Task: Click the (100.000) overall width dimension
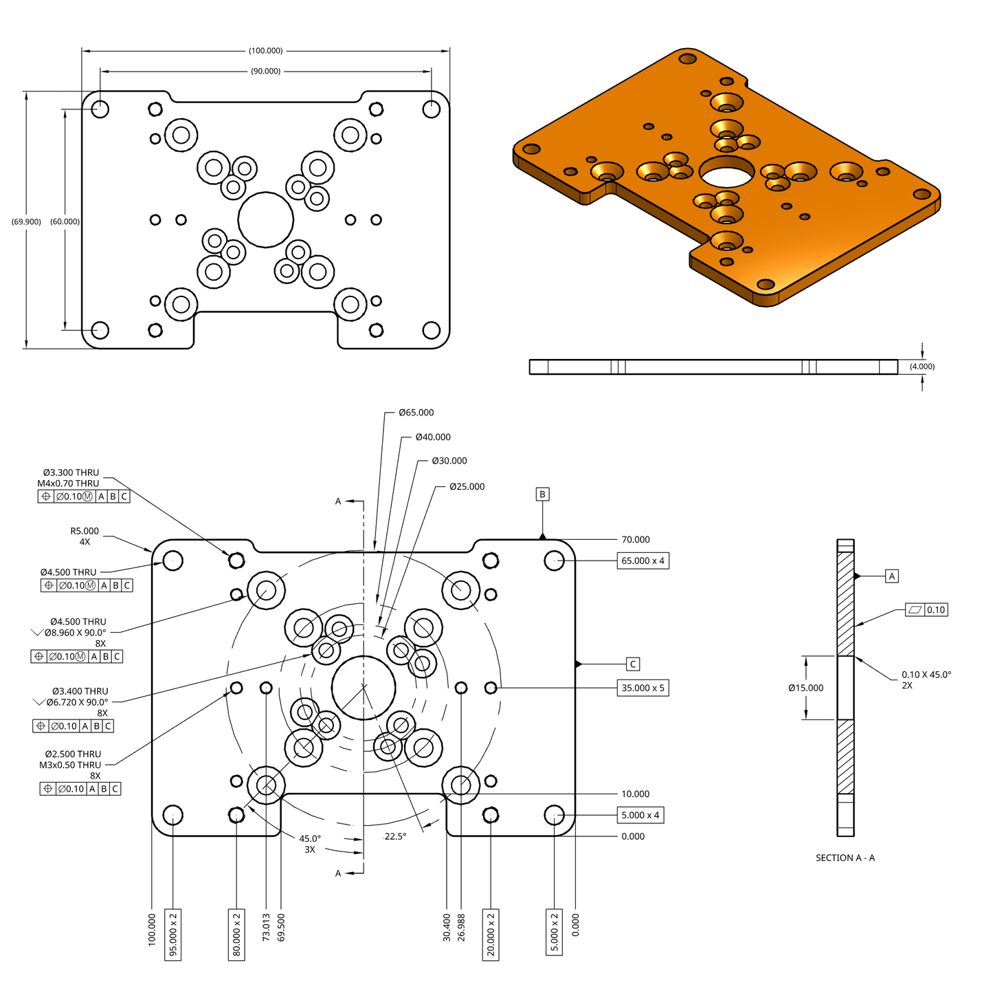click(x=265, y=51)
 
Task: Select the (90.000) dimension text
click(x=265, y=72)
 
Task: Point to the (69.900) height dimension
click(x=26, y=221)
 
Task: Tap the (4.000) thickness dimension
click(x=922, y=367)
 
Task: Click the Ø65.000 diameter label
click(x=416, y=413)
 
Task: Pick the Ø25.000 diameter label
click(x=467, y=487)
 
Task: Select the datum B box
click(x=542, y=494)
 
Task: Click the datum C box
click(x=633, y=664)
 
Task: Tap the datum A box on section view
click(x=892, y=576)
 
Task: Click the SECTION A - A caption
click(x=845, y=858)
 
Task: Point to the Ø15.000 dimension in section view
click(x=805, y=688)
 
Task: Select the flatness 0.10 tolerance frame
click(x=926, y=610)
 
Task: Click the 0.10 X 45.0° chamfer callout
click(x=926, y=675)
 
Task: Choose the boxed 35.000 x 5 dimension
click(x=643, y=688)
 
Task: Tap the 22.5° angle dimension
click(x=395, y=836)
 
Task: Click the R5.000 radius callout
click(x=85, y=532)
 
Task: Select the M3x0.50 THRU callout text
click(x=70, y=765)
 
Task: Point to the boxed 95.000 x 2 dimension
click(x=173, y=934)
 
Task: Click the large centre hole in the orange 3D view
click(x=726, y=172)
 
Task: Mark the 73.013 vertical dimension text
click(x=267, y=927)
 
